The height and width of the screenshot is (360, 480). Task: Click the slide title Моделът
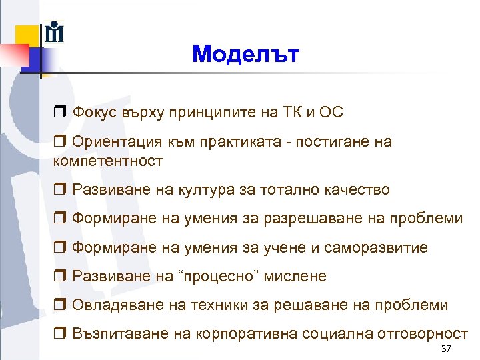pyautogui.click(x=246, y=54)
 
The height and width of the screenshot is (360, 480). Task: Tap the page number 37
pyautogui.click(x=446, y=351)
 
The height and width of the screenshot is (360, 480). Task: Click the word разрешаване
pyautogui.click(x=303, y=219)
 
